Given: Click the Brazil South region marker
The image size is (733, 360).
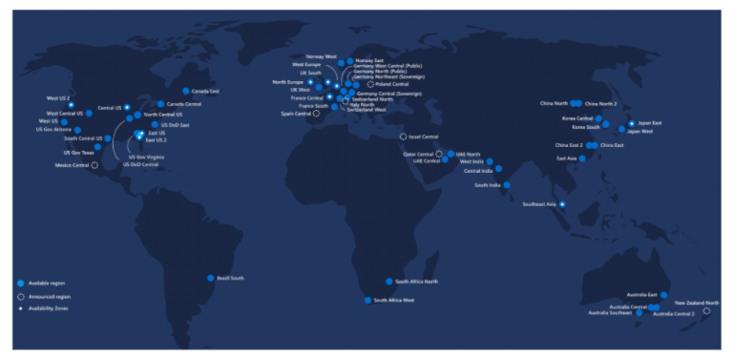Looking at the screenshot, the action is click(x=211, y=278).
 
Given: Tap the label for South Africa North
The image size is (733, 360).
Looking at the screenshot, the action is click(x=417, y=282).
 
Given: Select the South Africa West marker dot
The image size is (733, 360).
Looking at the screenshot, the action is click(x=367, y=300).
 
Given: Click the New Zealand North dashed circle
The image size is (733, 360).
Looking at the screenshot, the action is click(x=706, y=311).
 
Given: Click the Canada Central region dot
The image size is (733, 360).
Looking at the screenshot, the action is click(x=160, y=103).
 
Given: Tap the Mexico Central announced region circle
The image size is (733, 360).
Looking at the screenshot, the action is click(x=94, y=165).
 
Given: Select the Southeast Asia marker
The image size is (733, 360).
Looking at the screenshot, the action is click(x=562, y=204).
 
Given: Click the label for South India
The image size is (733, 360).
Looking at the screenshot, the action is click(x=488, y=185).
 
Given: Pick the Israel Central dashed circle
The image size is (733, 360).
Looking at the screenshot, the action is click(x=403, y=137).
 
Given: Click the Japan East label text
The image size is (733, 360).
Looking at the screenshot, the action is click(x=650, y=123).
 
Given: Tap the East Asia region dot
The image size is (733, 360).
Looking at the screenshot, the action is click(x=582, y=159).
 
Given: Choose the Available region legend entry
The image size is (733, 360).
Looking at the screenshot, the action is click(x=45, y=284).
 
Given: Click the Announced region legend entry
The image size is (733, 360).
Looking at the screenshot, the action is click(x=47, y=297).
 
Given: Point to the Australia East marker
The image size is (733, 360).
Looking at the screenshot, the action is click(x=664, y=295).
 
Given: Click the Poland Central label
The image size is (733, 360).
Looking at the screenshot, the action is click(x=392, y=84).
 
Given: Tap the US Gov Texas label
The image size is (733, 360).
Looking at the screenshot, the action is click(x=79, y=152).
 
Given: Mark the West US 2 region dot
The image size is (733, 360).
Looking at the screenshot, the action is click(x=71, y=105).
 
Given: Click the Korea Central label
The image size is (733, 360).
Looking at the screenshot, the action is click(x=577, y=118).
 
